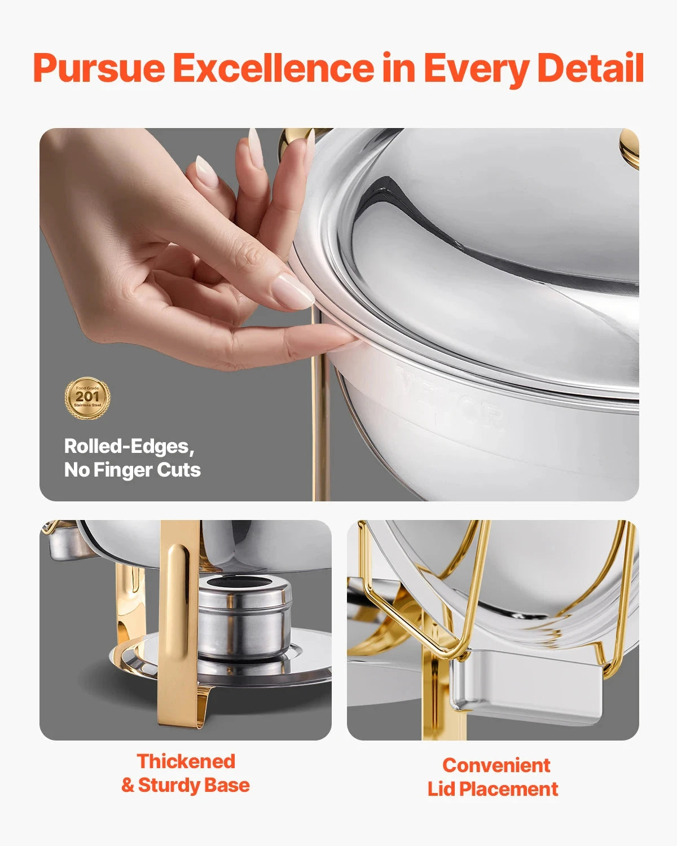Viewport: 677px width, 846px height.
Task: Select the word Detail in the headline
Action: (590, 68)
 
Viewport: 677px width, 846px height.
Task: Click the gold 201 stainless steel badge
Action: (87, 398)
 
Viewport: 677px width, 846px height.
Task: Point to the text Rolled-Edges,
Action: (129, 446)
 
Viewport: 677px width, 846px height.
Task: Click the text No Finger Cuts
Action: (132, 470)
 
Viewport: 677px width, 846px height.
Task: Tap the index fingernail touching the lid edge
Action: (293, 291)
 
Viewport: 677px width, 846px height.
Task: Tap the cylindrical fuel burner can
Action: (245, 618)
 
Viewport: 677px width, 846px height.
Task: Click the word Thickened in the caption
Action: (186, 761)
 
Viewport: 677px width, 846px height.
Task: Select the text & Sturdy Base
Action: (186, 785)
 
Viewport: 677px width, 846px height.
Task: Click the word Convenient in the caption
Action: (496, 765)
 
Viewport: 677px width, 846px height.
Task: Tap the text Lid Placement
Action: (493, 788)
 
